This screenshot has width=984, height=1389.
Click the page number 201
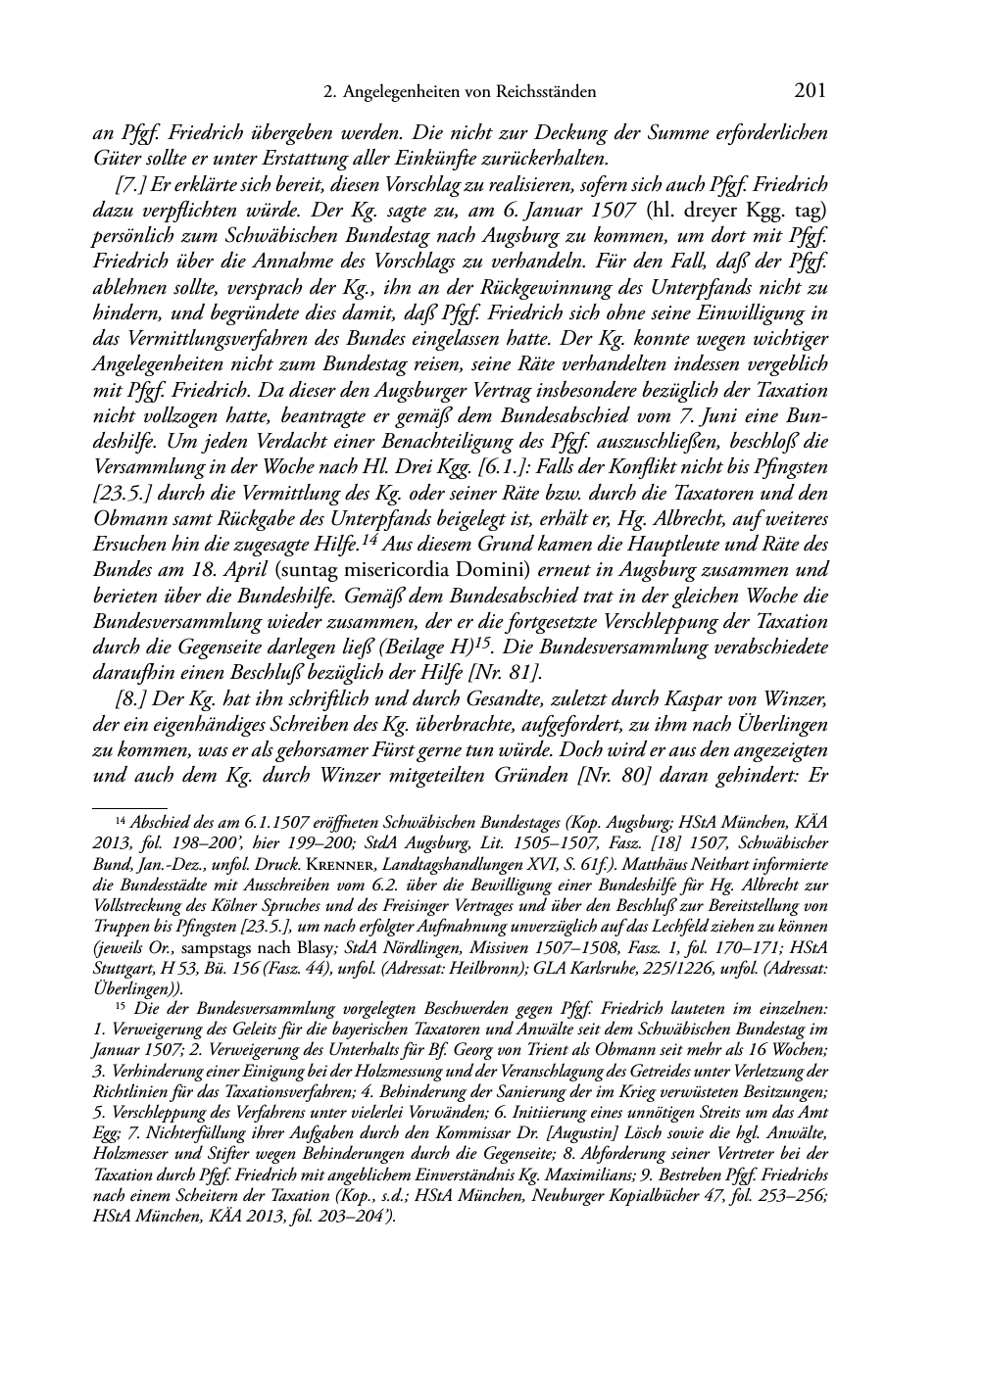809,92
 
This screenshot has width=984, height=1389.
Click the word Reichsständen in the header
549,93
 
